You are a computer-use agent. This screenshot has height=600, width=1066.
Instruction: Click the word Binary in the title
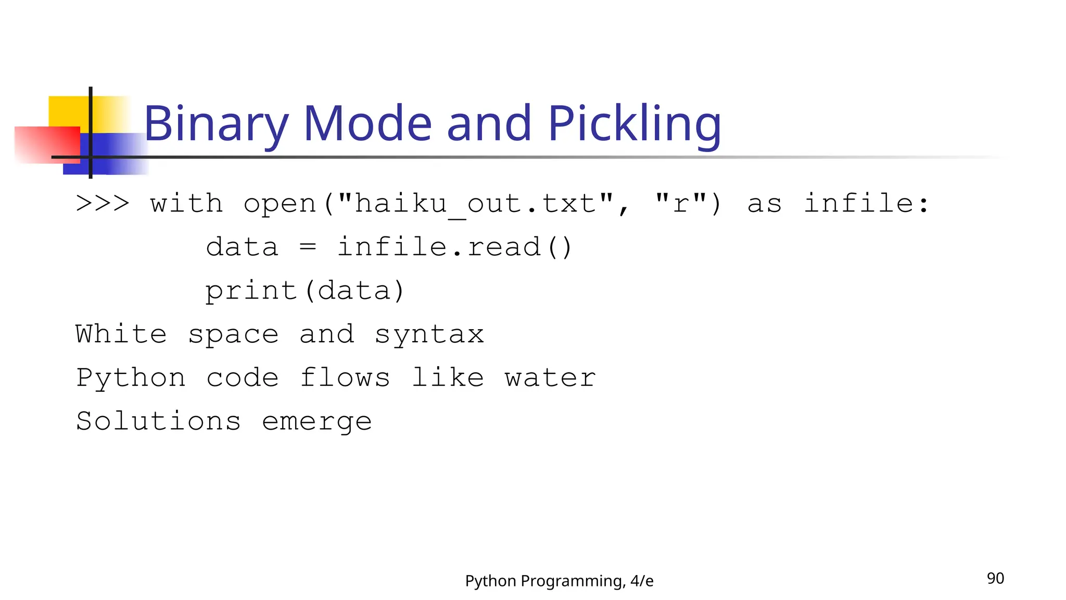[215, 124]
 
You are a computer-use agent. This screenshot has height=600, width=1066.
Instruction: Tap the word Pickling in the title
[634, 124]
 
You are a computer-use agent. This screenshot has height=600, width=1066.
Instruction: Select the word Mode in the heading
[367, 124]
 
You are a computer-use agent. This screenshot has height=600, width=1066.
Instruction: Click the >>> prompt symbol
[103, 203]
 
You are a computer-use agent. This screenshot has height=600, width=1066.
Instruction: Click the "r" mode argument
[681, 203]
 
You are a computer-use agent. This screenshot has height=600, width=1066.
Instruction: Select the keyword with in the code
[186, 203]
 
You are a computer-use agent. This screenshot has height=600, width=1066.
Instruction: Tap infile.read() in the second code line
[455, 247]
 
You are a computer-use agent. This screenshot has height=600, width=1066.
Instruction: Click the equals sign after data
[308, 247]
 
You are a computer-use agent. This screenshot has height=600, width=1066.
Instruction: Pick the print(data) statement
[304, 291]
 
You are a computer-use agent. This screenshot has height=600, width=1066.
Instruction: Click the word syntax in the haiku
[429, 334]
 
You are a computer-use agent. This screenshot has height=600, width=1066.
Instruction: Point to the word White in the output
[121, 334]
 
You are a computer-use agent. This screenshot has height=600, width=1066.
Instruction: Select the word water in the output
[550, 378]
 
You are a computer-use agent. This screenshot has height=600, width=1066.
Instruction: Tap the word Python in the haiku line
[131, 378]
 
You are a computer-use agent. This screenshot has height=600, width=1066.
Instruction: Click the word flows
[345, 378]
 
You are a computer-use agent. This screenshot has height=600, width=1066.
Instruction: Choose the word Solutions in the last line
[158, 421]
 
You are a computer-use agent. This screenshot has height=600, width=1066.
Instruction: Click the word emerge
[317, 422]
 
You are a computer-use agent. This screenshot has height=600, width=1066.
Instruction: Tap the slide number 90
[995, 579]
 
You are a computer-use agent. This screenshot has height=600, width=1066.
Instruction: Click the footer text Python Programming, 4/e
[559, 581]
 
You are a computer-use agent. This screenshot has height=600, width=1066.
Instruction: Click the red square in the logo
[47, 145]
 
